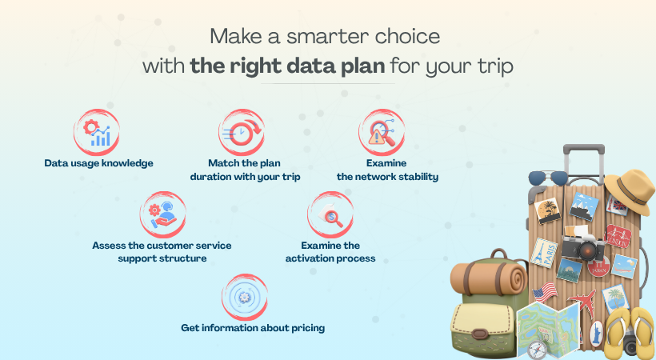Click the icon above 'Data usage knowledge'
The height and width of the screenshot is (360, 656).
[x=98, y=132]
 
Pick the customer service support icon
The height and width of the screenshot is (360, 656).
[x=162, y=214]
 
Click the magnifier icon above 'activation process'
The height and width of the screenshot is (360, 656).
[x=330, y=214]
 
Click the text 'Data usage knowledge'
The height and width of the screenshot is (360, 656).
[x=98, y=163]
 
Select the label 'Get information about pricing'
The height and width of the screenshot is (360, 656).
[x=254, y=327]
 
